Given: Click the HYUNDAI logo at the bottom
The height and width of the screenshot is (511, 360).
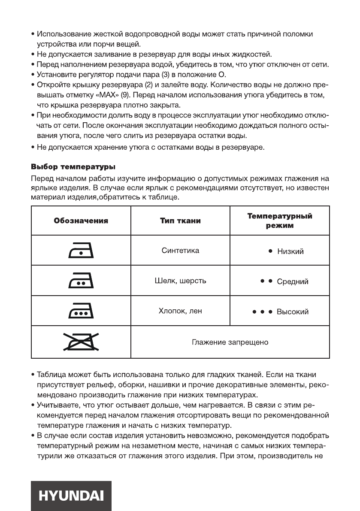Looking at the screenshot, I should [x=71, y=496].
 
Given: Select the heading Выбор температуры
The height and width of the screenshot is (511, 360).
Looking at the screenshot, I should [x=73, y=166].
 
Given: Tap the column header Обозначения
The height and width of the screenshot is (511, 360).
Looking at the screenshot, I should [x=81, y=221].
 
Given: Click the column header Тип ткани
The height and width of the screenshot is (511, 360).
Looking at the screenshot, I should [x=180, y=221].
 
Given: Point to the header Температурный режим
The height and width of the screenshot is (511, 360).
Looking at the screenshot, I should [x=279, y=221].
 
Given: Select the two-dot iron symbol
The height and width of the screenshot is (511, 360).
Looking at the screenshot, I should [x=81, y=282].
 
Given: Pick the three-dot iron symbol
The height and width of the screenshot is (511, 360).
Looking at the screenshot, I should [x=81, y=312].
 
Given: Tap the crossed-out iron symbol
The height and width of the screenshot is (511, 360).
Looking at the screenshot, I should [x=81, y=342].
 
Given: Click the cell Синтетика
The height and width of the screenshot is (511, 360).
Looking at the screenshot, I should [x=180, y=251].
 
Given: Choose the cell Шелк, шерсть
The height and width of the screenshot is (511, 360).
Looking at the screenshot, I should [x=180, y=281].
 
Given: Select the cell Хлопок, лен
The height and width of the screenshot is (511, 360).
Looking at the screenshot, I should [x=180, y=311].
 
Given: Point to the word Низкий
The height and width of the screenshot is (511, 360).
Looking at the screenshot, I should [x=290, y=252].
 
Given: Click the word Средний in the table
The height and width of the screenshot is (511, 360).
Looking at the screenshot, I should [x=293, y=282].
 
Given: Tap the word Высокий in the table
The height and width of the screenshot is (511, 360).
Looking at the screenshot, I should [x=293, y=312].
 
